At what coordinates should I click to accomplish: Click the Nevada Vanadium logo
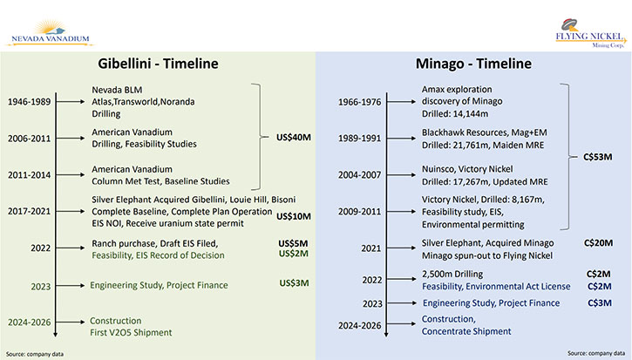click(50, 32)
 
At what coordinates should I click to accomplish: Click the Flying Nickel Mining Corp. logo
click(591, 33)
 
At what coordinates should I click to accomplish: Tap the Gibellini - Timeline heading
click(158, 64)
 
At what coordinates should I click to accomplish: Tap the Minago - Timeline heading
click(473, 64)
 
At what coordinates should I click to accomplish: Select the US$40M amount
click(294, 138)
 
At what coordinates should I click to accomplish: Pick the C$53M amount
click(598, 157)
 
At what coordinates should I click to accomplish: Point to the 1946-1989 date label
click(30, 102)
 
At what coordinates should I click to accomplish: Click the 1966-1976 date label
click(359, 102)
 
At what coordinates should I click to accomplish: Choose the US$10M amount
click(294, 216)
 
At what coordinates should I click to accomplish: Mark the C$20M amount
click(599, 242)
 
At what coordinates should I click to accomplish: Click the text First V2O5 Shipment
click(131, 333)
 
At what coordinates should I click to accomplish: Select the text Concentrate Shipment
click(466, 331)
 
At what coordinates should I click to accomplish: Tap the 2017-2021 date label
click(30, 211)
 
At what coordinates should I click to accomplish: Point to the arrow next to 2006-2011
click(71, 139)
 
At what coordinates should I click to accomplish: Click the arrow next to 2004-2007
click(401, 175)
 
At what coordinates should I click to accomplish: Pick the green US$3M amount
click(295, 283)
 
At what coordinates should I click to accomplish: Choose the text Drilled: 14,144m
click(455, 113)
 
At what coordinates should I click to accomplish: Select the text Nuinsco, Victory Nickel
click(467, 169)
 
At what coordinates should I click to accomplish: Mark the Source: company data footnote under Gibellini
click(35, 354)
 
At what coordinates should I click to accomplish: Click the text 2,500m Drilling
click(452, 274)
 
